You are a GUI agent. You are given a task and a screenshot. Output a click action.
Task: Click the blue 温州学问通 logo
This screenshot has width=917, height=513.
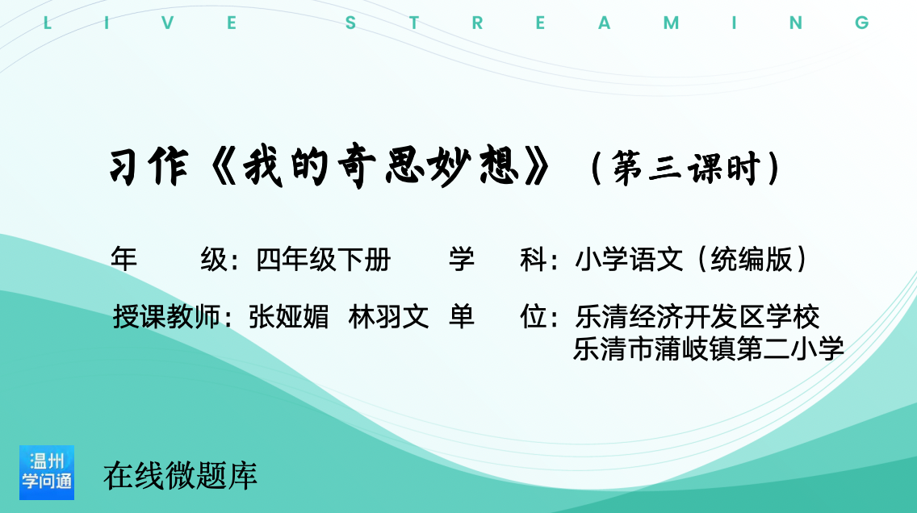(47, 473)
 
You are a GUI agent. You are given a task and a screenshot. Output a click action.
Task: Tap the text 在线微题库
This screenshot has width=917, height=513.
(180, 476)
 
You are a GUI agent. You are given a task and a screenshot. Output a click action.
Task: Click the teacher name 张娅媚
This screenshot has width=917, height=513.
(289, 317)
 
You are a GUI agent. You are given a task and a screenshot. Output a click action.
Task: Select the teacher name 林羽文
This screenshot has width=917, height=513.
(388, 317)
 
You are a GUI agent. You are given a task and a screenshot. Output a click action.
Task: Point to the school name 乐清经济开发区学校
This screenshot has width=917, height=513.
(697, 317)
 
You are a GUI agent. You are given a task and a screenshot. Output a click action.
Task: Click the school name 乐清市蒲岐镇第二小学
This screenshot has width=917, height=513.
(709, 348)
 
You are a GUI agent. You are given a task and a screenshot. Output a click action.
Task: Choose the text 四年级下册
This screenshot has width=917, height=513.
(324, 260)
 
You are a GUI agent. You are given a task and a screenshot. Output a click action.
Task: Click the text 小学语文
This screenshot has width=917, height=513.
(630, 260)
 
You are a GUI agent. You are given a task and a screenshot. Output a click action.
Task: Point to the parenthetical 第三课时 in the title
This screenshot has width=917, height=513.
(685, 169)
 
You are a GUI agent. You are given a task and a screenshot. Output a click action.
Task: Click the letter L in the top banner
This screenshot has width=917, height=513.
(47, 23)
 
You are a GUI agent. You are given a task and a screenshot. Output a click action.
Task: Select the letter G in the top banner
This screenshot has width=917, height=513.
(862, 23)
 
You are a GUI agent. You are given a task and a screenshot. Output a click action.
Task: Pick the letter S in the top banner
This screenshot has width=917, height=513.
(351, 23)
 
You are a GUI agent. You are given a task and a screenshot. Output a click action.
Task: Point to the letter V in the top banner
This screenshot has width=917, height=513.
(168, 23)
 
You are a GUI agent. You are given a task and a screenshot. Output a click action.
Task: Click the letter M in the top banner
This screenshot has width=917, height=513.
(671, 23)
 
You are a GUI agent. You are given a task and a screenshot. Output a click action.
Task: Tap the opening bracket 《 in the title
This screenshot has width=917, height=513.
(222, 168)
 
